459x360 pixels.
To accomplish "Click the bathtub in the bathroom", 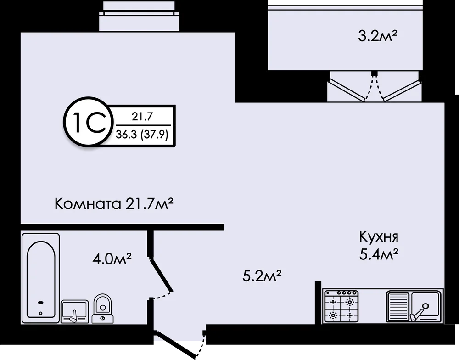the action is pos(41,278).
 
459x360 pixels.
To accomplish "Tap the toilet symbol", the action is pos(103,309).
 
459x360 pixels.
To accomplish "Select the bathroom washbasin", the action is pos(75,311).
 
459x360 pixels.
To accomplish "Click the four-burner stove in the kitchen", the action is pos(341,306).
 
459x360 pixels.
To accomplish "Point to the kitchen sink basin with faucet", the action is pos(425,306).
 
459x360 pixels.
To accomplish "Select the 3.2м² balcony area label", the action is pos(378,38).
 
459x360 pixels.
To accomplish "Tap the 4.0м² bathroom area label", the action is pos(111,259).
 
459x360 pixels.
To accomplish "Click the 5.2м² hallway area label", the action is pos(262,276).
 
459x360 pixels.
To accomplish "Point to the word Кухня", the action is pos(379,237).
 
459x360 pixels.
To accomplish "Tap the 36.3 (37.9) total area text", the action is pos(142,135).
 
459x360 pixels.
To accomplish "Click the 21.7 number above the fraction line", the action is pos(142,117).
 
